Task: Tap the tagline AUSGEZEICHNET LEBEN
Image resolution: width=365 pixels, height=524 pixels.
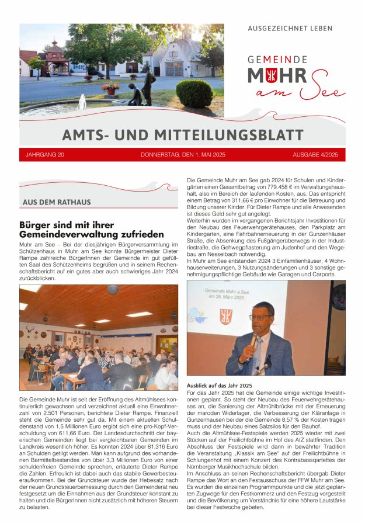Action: pos(290,28)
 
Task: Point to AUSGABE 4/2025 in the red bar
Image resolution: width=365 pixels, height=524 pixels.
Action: pos(315,155)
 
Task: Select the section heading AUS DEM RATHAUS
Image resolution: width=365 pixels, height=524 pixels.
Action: pos(57,202)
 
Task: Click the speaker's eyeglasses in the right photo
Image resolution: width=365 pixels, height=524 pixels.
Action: pos(260,317)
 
